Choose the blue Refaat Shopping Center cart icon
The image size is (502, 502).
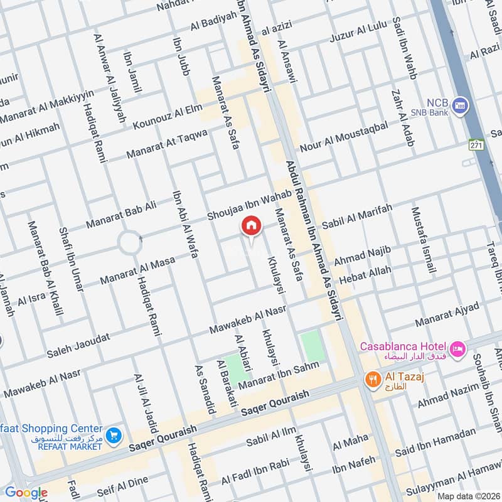point(113,435)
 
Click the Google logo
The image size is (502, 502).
point(26,493)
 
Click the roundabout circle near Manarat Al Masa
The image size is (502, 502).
point(130,242)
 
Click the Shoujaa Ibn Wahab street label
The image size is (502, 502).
point(250,206)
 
